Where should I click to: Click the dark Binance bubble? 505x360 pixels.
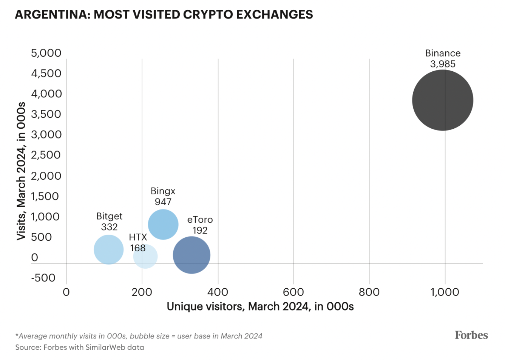[442, 100]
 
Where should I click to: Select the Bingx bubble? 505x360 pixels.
[163, 224]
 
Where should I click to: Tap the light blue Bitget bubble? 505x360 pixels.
[108, 249]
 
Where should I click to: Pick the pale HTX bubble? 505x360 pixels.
[145, 257]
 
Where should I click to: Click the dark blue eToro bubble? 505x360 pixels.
[191, 255]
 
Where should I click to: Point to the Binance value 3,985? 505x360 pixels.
[443, 64]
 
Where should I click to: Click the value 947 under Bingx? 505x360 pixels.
[163, 202]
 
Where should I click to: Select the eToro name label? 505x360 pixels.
[200, 220]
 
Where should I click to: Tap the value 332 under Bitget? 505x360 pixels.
[109, 227]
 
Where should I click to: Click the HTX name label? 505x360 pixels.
[138, 237]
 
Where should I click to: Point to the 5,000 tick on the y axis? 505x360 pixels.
[46, 53]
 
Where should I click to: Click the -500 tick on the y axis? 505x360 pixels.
[43, 278]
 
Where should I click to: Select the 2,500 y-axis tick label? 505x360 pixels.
[46, 155]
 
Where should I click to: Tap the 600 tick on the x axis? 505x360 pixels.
[293, 292]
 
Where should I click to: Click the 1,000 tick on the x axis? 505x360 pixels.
[445, 292]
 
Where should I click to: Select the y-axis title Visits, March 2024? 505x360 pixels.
[21, 171]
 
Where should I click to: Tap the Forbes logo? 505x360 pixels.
[471, 335]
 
